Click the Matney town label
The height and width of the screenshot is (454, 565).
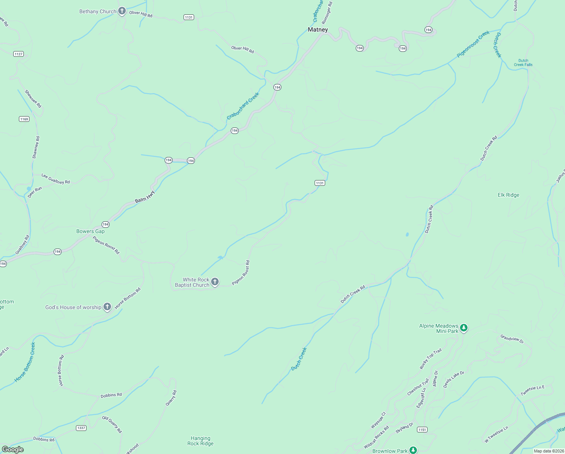(x=318, y=30)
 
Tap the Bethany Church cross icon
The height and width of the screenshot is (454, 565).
(x=122, y=11)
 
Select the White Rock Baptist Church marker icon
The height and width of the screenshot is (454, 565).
(x=215, y=282)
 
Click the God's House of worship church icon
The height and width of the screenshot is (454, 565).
(x=107, y=307)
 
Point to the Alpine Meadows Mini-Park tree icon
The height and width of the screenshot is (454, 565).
(x=464, y=328)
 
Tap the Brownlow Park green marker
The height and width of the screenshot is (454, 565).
(x=413, y=450)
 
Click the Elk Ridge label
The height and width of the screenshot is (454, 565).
(x=508, y=195)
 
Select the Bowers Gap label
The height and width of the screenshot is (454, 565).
(x=90, y=231)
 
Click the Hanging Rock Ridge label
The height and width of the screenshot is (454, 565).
(x=201, y=441)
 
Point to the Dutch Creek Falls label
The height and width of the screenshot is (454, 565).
(x=523, y=62)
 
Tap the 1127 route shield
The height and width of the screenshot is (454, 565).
(x=19, y=54)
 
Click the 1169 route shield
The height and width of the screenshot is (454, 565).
(x=24, y=119)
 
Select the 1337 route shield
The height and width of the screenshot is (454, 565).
(x=81, y=428)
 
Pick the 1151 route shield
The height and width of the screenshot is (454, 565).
(x=422, y=429)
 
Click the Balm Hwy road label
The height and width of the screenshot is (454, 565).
(x=145, y=197)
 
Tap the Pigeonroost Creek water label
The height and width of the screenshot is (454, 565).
(x=473, y=44)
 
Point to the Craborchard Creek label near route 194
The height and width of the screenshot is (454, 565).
(x=243, y=106)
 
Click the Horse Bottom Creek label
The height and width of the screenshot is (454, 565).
(x=25, y=362)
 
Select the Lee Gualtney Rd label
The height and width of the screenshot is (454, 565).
(x=56, y=179)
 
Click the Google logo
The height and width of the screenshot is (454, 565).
(x=13, y=449)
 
